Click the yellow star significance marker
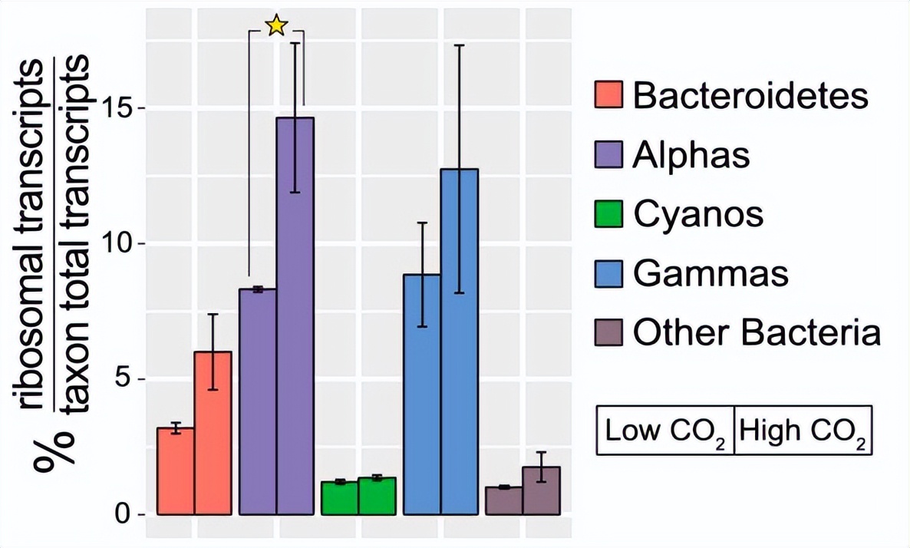[276, 26]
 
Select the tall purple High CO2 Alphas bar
[295, 315]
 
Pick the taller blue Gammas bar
[459, 342]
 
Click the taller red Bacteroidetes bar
[213, 433]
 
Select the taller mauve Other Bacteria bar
[542, 490]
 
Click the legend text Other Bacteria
[756, 333]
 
